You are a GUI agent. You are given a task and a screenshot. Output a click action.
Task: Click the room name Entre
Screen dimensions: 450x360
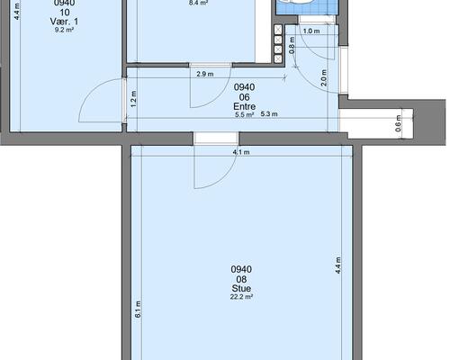244,106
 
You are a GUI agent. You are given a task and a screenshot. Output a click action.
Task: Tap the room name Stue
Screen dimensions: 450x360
241,288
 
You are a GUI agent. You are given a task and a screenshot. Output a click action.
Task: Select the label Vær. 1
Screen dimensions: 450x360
64,22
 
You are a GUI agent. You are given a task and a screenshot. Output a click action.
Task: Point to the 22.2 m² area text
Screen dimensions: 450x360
241,297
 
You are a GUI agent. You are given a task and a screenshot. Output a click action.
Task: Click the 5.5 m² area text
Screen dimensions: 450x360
245,114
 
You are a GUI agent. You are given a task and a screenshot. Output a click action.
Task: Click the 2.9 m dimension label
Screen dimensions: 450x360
205,74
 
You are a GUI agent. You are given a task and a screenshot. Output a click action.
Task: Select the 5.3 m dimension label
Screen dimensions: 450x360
269,114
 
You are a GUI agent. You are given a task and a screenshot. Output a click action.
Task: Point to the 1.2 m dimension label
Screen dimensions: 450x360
134,99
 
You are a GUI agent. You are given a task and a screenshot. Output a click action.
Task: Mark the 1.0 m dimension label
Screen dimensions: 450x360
311,31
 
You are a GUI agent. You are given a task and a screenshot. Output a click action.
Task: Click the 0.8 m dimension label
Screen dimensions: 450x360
292,45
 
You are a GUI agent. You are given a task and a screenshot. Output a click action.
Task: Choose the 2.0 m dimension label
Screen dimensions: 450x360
324,78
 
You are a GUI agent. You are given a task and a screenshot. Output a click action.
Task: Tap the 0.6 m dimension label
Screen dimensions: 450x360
398,123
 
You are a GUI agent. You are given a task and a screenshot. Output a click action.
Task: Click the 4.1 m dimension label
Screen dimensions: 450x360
241,152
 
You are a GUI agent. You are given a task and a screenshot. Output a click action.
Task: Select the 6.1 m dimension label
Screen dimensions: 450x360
138,310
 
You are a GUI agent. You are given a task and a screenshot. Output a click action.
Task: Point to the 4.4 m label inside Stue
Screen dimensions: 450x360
338,265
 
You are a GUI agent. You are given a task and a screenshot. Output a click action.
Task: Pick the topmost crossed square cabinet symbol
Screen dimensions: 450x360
278,30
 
